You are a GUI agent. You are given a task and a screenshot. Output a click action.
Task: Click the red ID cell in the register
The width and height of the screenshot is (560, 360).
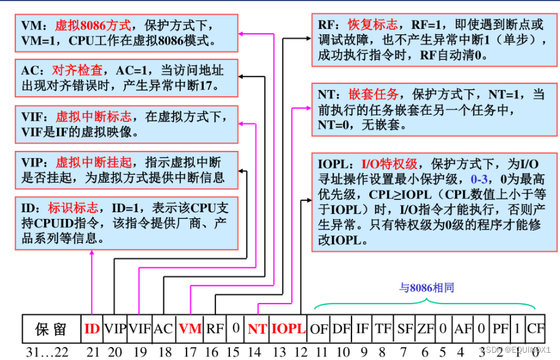pyautogui.click(x=92, y=329)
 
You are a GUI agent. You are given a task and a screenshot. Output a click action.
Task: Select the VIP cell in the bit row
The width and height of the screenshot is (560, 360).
pyautogui.click(x=115, y=329)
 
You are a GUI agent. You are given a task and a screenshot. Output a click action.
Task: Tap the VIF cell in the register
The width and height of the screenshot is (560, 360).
pyautogui.click(x=139, y=329)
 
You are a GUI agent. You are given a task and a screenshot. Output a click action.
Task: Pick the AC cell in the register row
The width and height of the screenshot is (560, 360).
pyautogui.click(x=163, y=329)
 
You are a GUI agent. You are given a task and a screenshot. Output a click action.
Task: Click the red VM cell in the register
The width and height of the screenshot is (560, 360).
pyautogui.click(x=190, y=329)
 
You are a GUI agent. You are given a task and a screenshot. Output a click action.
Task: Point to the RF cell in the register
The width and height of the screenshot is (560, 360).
pyautogui.click(x=215, y=329)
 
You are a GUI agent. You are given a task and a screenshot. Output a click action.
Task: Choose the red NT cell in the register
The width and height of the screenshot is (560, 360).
pyautogui.click(x=257, y=329)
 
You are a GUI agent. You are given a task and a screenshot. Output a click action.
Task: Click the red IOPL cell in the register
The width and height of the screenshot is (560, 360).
pyautogui.click(x=288, y=329)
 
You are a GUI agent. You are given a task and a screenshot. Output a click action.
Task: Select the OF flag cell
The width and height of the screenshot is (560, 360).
pyautogui.click(x=319, y=329)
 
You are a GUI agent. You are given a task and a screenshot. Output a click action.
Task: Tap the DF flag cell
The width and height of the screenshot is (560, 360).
pyautogui.click(x=341, y=329)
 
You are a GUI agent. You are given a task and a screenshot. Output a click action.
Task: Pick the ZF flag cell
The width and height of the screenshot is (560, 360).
pyautogui.click(x=425, y=329)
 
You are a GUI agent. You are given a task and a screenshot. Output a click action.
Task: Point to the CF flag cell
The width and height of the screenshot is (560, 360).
pyautogui.click(x=535, y=329)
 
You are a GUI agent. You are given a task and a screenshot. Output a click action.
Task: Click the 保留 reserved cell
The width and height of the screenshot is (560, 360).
pyautogui.click(x=51, y=329)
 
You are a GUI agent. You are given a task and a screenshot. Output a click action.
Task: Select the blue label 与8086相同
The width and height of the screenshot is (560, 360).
pyautogui.click(x=427, y=287)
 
